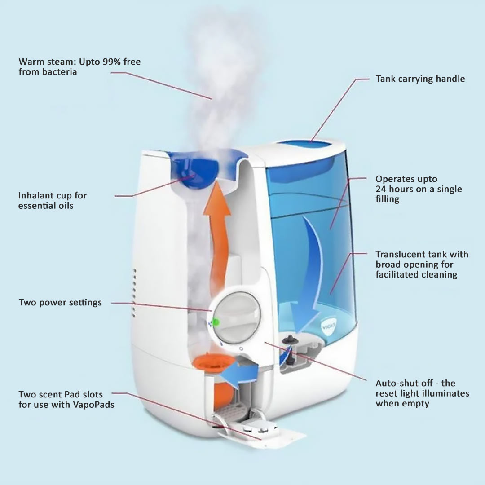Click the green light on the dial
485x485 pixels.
(216, 322)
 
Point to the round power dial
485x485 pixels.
(235, 317)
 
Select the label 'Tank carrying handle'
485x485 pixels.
(420, 79)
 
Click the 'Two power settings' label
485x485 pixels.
(60, 303)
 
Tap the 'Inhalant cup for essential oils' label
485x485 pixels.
(53, 200)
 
